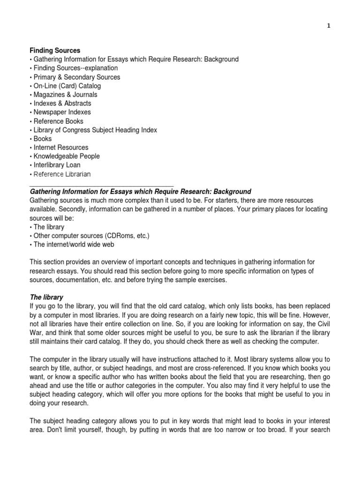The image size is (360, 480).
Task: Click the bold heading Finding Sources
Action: (55, 50)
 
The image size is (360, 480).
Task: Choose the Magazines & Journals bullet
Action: (65, 95)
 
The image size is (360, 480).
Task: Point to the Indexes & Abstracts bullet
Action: (62, 103)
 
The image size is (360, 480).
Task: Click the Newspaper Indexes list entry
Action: (62, 112)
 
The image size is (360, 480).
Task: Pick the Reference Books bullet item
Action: (59, 121)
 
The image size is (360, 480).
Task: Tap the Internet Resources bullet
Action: (60, 147)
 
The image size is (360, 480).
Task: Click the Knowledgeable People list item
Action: (66, 156)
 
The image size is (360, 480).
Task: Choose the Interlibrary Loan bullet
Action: (57, 165)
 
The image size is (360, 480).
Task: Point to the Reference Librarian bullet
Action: (62, 174)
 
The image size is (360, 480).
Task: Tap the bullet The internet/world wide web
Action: (73, 244)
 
